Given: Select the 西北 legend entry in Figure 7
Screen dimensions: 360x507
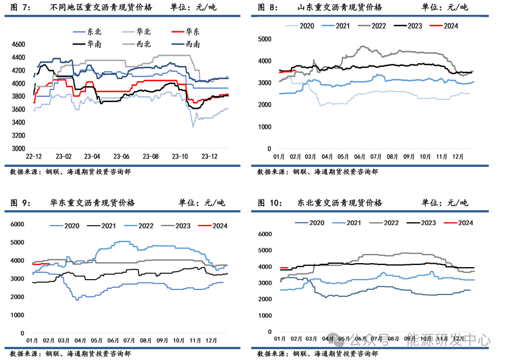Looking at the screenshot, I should (x=144, y=44).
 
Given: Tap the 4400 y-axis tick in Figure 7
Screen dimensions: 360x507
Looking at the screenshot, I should (x=19, y=58).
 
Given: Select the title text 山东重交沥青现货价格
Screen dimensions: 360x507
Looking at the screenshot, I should (x=340, y=7).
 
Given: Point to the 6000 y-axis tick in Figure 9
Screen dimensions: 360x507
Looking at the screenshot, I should (x=19, y=224).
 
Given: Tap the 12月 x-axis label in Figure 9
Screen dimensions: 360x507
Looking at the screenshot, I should (x=212, y=341).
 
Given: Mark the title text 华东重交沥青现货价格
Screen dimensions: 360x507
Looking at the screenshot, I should (x=93, y=203).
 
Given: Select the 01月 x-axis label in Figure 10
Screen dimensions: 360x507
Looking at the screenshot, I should (x=280, y=339).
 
